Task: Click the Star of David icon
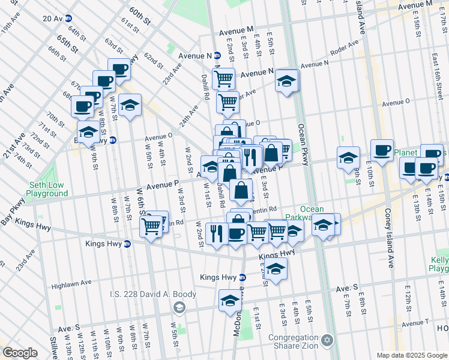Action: coord(327,340)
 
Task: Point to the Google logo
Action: coord(20,353)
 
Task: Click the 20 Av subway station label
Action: coord(57,19)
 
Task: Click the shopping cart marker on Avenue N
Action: coord(224,77)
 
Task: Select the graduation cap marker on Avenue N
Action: coord(288,80)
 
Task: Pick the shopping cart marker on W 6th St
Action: coord(151,226)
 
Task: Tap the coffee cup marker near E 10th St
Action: coord(381,150)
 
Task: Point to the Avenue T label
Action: coord(415,324)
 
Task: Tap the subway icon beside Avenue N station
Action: coord(217,56)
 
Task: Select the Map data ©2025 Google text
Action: coord(412,355)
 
